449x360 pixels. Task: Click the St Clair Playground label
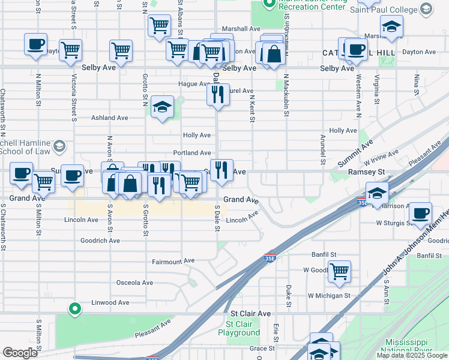pos(239,328)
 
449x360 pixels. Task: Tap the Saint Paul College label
pos(384,10)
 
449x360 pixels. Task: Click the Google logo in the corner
pos(20,353)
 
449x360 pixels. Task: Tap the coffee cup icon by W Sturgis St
pos(421,213)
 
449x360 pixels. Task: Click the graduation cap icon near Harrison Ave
pos(377,193)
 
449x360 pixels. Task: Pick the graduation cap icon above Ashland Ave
pos(162,107)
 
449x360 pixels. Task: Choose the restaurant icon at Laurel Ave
pos(218,94)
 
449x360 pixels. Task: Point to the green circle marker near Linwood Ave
pos(74,309)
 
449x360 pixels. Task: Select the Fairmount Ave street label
pos(173,261)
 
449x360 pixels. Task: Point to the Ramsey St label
pos(366,172)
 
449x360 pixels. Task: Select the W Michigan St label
pos(328,295)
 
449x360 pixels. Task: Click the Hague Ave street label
pos(193,84)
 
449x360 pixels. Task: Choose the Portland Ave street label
pos(192,153)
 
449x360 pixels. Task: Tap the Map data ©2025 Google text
pos(412,355)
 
